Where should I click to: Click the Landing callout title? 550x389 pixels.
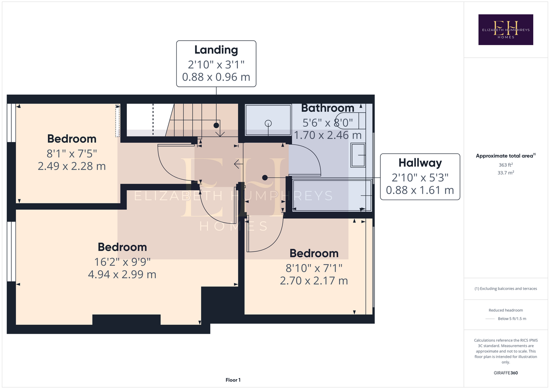(216, 50)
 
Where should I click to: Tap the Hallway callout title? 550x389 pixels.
(420, 163)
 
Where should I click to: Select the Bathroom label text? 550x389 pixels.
(327, 108)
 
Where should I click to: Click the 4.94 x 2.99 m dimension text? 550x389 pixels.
(122, 274)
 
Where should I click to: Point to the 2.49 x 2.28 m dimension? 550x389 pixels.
(72, 166)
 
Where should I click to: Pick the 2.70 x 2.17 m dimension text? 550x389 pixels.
(314, 281)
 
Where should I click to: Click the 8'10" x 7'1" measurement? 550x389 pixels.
(314, 268)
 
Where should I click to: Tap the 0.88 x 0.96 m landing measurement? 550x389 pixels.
(216, 77)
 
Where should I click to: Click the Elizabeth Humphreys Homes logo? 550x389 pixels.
(506, 30)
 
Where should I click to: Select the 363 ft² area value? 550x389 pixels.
(506, 165)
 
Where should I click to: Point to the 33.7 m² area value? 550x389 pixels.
(506, 173)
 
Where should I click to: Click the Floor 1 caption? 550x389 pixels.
(233, 380)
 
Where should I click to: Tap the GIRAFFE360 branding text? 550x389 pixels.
(506, 373)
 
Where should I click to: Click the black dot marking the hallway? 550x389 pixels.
(265, 177)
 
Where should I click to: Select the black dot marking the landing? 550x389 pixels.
(216, 125)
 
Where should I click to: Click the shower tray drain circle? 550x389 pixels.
(268, 123)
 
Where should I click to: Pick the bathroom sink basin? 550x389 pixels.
(358, 155)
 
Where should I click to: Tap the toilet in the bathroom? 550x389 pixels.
(350, 121)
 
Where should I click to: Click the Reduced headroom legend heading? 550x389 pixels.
(506, 310)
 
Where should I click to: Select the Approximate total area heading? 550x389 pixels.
(506, 156)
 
